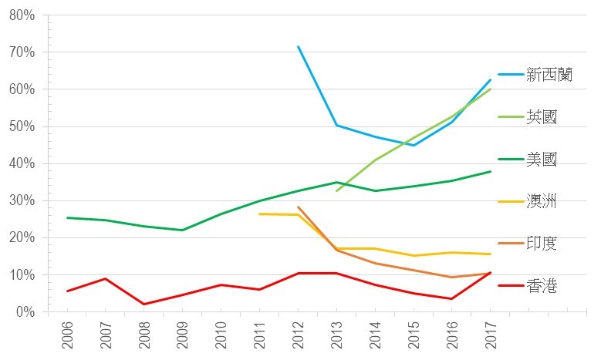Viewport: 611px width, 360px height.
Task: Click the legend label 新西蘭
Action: pos(549,75)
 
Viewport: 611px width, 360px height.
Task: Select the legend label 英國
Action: pos(542,117)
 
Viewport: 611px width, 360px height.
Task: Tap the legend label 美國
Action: pos(542,160)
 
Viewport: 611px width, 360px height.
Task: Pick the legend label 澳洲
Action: pos(542,202)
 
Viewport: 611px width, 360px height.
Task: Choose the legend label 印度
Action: pos(542,244)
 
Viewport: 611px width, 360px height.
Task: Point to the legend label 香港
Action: pos(542,287)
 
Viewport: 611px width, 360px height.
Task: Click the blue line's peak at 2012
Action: pos(298,47)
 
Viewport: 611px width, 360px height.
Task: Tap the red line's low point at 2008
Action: pos(144,304)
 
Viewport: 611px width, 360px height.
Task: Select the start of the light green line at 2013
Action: pos(336,190)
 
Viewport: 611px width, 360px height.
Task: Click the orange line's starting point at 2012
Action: pos(298,207)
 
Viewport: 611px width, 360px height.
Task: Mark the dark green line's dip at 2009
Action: pos(183,230)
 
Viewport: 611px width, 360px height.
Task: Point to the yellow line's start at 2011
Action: pos(259,214)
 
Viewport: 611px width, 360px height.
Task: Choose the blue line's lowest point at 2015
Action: pos(414,145)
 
